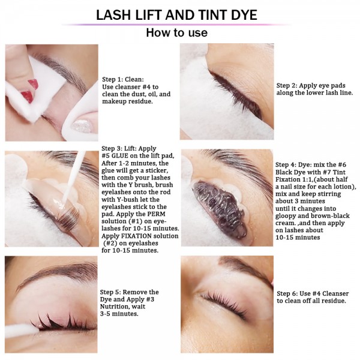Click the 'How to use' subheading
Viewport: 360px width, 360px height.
177,32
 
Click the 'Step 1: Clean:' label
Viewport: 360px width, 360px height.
123,79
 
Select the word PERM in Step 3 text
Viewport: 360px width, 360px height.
156,214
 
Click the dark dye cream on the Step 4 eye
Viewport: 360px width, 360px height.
219,209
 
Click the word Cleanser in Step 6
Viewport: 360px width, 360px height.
335,293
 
